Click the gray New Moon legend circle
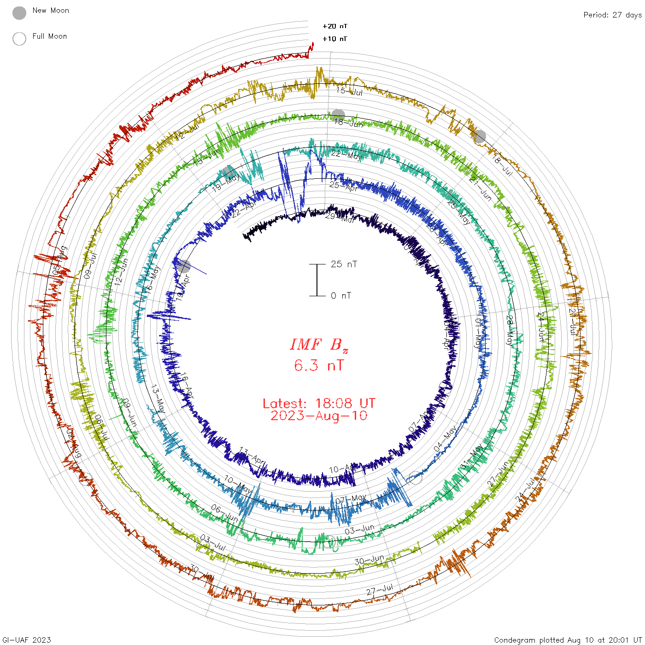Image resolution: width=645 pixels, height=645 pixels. point(19,13)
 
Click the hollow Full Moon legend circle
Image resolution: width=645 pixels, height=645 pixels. point(19,39)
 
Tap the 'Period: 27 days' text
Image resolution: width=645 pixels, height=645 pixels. point(612,15)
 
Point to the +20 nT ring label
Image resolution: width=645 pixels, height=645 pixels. point(335,26)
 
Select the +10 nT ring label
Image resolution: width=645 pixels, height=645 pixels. point(335,39)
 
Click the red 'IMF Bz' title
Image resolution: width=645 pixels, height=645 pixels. point(319,345)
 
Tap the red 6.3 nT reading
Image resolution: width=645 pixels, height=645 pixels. point(319,365)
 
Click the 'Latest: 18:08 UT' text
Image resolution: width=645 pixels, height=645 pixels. point(319,404)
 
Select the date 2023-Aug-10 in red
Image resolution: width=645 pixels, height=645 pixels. point(319,416)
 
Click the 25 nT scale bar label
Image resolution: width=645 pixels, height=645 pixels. point(344,264)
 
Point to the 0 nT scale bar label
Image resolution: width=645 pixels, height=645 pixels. point(341,296)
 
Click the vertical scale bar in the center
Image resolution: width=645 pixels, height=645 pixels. point(317,280)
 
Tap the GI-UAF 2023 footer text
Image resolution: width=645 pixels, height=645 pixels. point(26,640)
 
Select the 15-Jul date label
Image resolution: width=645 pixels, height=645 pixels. point(349,91)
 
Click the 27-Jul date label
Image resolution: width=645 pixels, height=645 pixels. point(380,590)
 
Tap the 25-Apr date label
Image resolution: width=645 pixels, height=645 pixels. point(344,186)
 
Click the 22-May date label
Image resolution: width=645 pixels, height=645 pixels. point(346,155)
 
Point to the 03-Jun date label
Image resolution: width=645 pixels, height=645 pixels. point(360,529)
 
